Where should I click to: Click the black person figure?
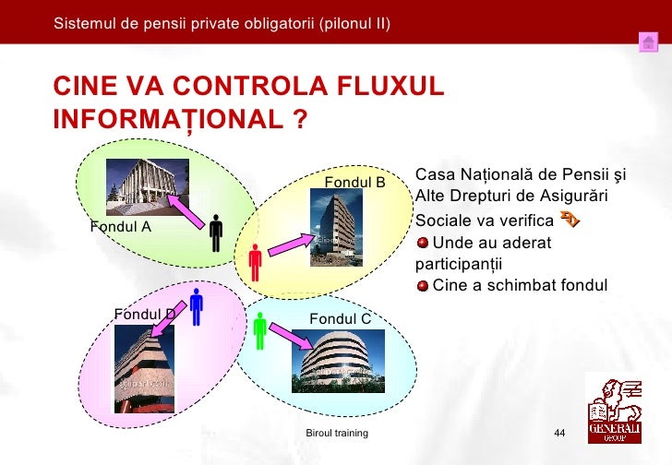pyautogui.click(x=216, y=233)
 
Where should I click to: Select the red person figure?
pyautogui.click(x=255, y=262)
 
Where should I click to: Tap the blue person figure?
pyautogui.click(x=197, y=306)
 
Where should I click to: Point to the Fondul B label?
pyautogui.click(x=354, y=182)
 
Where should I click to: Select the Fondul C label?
pyautogui.click(x=340, y=318)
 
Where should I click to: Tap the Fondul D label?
pyautogui.click(x=144, y=314)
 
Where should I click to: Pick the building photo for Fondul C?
pyautogui.click(x=338, y=360)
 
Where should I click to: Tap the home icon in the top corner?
pyautogui.click(x=648, y=42)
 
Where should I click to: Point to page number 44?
pyautogui.click(x=558, y=434)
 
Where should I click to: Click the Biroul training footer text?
pyautogui.click(x=337, y=433)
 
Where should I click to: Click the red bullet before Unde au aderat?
pyautogui.click(x=423, y=243)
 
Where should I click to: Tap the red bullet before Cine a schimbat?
pyautogui.click(x=423, y=284)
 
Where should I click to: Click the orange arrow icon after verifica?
pyautogui.click(x=570, y=220)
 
